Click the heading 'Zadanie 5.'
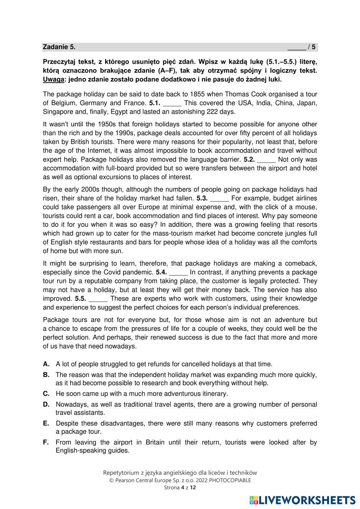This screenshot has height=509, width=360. tap(59, 47)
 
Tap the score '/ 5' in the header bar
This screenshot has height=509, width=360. tap(312, 47)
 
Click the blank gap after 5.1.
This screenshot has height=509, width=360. tap(172, 103)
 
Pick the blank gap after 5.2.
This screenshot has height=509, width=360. tap(267, 159)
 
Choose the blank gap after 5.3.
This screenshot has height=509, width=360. tap(220, 198)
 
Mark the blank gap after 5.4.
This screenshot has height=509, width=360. tap(178, 272)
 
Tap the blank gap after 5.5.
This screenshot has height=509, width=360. tap(98, 299)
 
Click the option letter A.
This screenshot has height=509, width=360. tap(46, 364)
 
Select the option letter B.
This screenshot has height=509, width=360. tap(46, 375)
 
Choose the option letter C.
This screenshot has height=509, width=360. tap(46, 394)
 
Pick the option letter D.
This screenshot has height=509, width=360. tap(46, 405)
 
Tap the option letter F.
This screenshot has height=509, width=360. tap(46, 442)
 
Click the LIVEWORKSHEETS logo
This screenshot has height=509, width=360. tap(302, 500)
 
